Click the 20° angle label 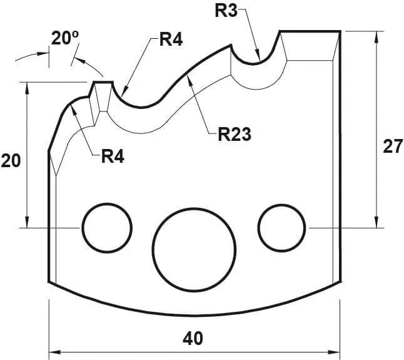[x=64, y=39]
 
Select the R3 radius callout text [x=226, y=11]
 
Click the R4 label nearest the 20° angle [x=170, y=39]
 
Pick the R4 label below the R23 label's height [x=113, y=156]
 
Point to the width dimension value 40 [x=193, y=338]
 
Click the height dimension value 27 [x=392, y=147]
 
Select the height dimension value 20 [x=11, y=161]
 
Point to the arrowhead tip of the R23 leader [x=189, y=76]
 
